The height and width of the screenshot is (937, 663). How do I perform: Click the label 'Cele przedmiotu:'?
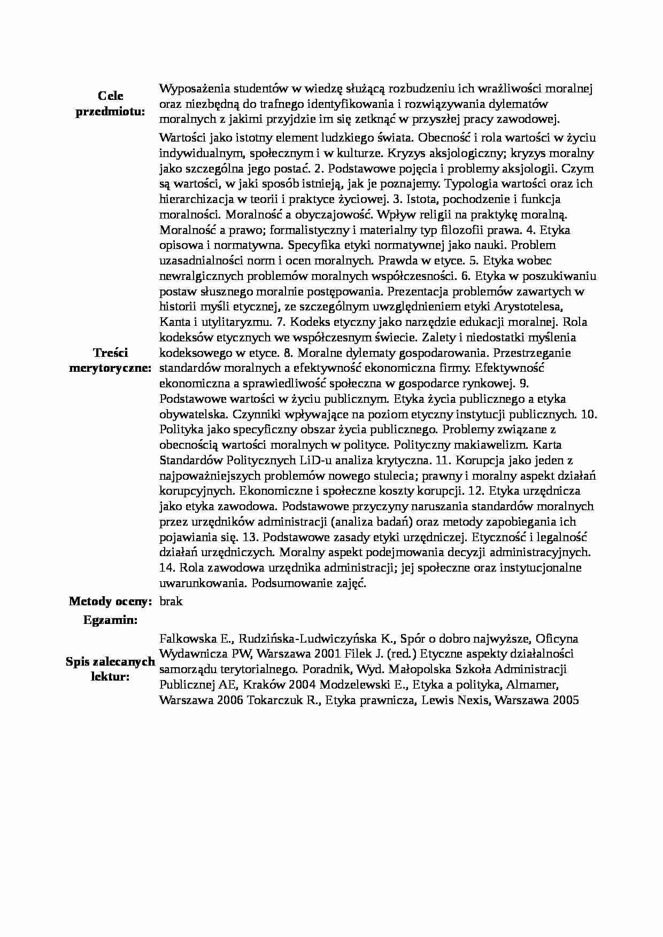[x=110, y=104]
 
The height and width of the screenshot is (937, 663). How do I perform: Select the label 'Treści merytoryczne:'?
[x=110, y=360]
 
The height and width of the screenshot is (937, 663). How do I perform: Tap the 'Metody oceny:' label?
[x=111, y=601]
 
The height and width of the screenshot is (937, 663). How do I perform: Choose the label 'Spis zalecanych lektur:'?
[x=110, y=669]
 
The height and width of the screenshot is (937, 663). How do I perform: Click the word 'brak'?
[x=171, y=601]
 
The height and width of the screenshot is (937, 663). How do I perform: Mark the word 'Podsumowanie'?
[x=286, y=583]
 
